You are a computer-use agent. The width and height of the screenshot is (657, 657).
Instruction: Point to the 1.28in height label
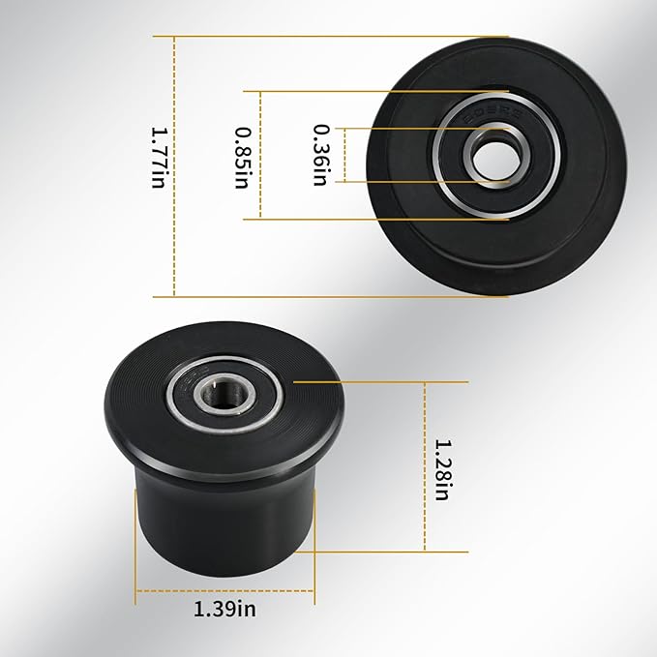pyautogui.click(x=441, y=469)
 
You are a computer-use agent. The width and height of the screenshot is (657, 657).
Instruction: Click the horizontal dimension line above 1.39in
pyautogui.click(x=225, y=590)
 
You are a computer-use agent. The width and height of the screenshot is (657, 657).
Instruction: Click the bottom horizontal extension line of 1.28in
pyautogui.click(x=387, y=552)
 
